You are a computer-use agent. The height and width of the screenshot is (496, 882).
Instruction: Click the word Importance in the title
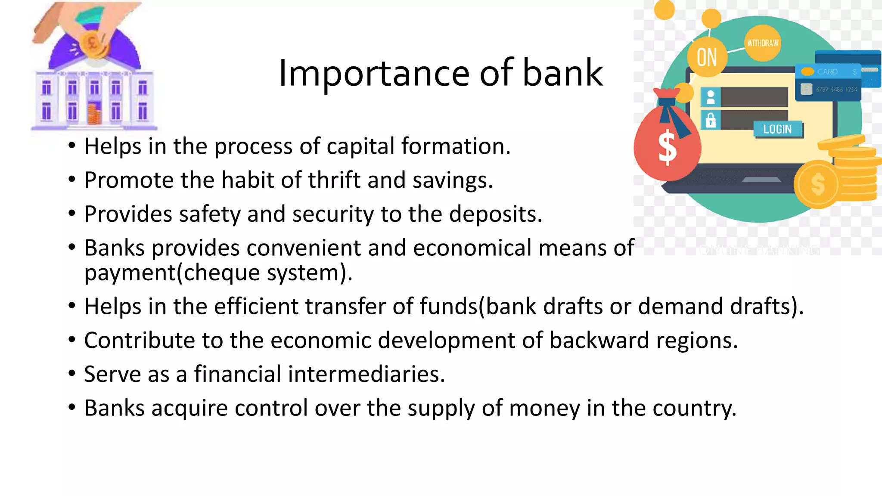(374, 73)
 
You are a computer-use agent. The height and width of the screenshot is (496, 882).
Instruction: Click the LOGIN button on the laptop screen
(777, 129)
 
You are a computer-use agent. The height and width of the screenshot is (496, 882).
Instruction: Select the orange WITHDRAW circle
(762, 43)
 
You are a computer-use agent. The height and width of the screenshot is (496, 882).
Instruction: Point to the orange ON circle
(707, 57)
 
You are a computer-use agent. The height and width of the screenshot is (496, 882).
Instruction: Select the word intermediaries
(366, 374)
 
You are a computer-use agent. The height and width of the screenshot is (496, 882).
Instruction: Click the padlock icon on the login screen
(711, 120)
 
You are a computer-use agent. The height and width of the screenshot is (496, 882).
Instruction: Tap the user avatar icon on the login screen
(711, 97)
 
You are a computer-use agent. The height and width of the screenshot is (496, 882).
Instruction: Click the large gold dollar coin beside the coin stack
(817, 184)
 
